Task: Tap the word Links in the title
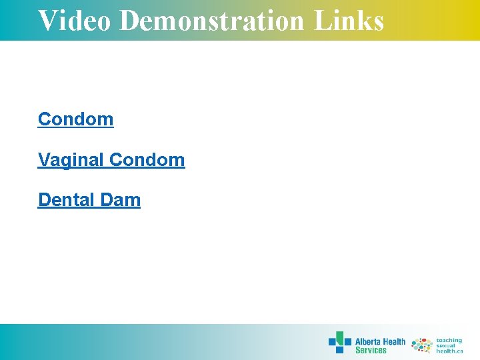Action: (x=349, y=20)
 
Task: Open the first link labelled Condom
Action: (x=76, y=119)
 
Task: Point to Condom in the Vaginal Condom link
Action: (x=147, y=160)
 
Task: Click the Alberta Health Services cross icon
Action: (x=339, y=342)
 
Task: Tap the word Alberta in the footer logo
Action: (x=367, y=341)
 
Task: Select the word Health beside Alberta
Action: (x=394, y=341)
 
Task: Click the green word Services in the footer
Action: (x=371, y=350)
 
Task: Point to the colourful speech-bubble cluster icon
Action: (x=422, y=345)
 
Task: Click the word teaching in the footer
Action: (x=449, y=340)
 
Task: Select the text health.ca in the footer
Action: (x=449, y=351)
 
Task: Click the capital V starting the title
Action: (x=46, y=20)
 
